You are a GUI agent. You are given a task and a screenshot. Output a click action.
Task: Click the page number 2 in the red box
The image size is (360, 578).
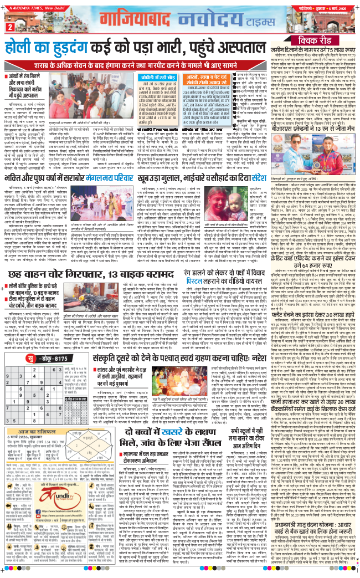click(9, 28)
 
